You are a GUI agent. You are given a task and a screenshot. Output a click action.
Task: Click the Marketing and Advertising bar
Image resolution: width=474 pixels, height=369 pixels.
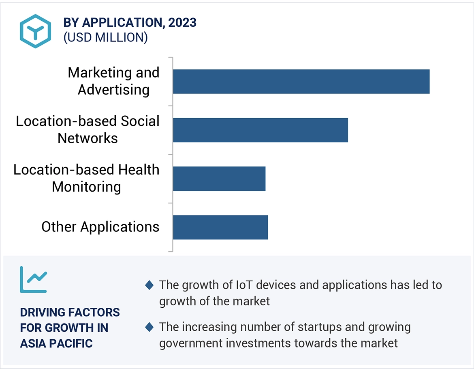[301, 82]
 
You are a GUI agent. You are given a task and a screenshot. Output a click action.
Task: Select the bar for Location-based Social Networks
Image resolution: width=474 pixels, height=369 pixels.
[260, 130]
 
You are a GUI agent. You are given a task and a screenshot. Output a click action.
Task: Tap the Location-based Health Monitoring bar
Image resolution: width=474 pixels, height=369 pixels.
[219, 179]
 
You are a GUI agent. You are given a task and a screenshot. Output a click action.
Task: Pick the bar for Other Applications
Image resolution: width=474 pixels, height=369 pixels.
[220, 227]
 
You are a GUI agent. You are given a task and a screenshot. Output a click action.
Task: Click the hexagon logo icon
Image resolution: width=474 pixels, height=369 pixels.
[36, 31]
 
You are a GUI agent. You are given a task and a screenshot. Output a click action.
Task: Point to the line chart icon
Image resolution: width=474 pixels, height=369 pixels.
[34, 280]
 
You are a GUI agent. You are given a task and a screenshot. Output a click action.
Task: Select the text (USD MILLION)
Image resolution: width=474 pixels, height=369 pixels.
[105, 37]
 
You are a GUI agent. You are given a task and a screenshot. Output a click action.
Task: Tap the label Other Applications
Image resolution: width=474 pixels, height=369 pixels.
[100, 227]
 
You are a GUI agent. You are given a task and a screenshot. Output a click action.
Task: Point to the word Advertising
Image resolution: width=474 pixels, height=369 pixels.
[113, 89]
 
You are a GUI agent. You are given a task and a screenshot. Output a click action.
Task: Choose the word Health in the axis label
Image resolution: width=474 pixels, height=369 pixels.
[139, 169]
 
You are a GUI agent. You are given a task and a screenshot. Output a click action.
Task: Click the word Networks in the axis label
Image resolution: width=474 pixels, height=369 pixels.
[88, 138]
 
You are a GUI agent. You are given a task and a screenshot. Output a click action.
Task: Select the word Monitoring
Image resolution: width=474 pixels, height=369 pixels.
[86, 187]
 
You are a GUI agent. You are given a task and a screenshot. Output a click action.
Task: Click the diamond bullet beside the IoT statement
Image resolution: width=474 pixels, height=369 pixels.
[149, 285]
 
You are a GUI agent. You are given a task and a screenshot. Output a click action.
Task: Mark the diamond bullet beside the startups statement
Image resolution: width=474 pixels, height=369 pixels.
[149, 327]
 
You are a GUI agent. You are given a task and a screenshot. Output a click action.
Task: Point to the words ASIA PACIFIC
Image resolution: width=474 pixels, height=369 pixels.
[56, 343]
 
